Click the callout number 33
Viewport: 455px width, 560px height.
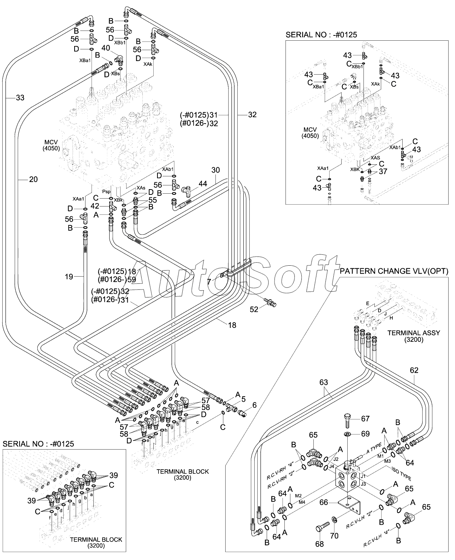click(20, 98)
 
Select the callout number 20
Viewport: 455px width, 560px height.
click(34, 179)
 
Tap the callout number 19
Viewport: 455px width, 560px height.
click(69, 277)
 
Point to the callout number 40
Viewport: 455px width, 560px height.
click(105, 48)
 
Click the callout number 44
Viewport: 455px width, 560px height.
click(203, 184)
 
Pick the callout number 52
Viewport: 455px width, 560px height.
click(254, 309)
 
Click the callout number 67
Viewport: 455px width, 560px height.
click(365, 419)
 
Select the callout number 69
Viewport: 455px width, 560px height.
click(365, 433)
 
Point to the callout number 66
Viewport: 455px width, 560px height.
click(324, 502)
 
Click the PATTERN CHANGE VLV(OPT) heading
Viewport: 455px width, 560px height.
click(394, 271)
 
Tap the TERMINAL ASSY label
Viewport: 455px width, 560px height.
click(414, 333)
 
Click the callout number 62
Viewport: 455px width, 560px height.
click(414, 370)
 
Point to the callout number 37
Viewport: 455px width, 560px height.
click(383, 171)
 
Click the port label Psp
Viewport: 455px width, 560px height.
click(106, 192)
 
